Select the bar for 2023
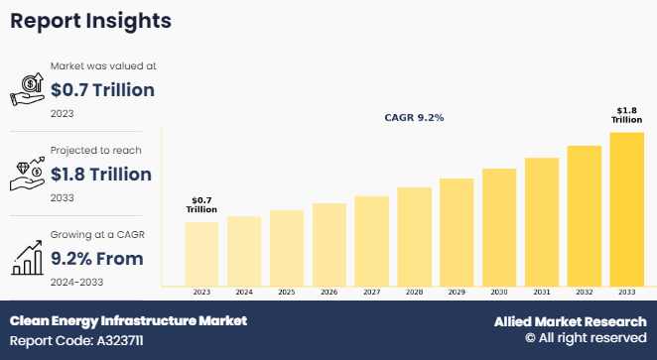click(201, 254)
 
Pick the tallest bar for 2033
click(626, 209)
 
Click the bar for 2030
click(499, 227)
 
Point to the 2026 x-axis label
click(328, 293)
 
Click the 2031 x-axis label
click(542, 293)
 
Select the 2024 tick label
click(243, 293)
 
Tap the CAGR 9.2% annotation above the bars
click(414, 118)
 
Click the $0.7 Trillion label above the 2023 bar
click(201, 205)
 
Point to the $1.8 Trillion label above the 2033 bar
click(626, 115)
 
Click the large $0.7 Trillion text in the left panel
click(102, 90)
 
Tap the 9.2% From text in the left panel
click(97, 259)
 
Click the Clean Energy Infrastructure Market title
click(128, 320)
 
